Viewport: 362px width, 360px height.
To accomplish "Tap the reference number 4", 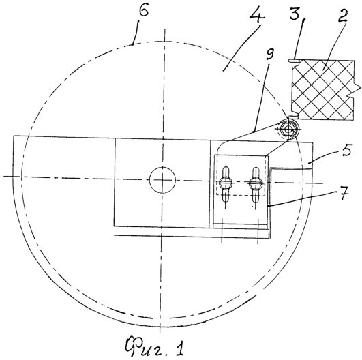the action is (257, 16).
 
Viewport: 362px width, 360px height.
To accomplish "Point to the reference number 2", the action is (343, 15).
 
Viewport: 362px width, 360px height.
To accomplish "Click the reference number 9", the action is (269, 55).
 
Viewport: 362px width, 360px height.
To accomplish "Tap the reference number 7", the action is (344, 193).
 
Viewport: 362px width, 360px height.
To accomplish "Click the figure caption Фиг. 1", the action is (155, 347).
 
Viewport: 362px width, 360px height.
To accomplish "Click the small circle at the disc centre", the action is (162, 179).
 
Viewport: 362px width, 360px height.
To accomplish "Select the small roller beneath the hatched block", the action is (288, 130).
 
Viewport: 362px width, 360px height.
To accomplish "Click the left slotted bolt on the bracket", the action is (226, 184).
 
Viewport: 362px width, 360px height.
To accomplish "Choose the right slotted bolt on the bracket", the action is (256, 184).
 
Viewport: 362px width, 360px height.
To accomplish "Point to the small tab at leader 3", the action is (294, 61).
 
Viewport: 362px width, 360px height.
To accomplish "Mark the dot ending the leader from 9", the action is (254, 132).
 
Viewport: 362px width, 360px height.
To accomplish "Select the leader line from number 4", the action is (242, 47).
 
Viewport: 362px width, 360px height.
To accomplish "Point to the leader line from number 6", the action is (136, 32).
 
